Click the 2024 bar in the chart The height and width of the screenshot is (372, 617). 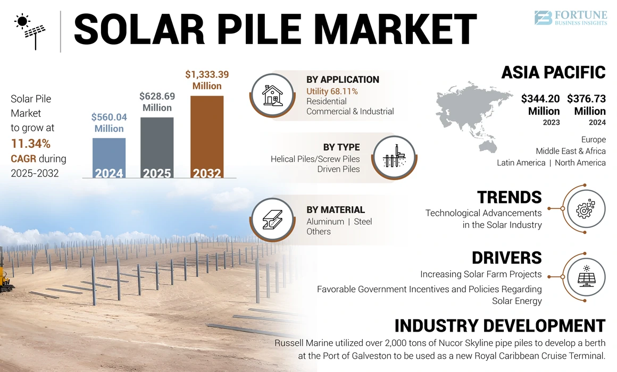109,157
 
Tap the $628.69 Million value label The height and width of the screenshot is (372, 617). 157,102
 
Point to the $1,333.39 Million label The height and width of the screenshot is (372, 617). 207,80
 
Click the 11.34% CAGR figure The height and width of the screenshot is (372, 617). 31,143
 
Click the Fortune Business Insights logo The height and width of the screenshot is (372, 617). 570,18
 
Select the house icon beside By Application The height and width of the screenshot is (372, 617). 272,95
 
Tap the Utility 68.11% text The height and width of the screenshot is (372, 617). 332,91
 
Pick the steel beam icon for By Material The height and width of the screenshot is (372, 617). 272,221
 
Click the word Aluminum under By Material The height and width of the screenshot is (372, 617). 324,222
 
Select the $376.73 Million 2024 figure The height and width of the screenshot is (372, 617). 586,105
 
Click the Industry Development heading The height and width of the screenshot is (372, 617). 499,325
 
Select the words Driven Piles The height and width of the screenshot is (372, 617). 338,169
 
